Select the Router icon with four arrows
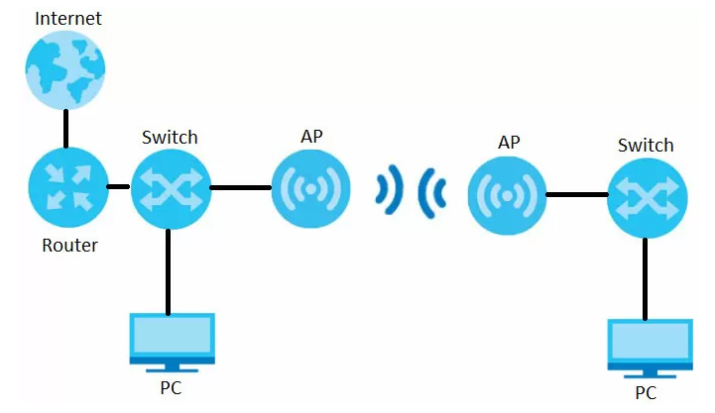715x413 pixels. pyautogui.click(x=66, y=185)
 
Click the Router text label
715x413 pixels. pyautogui.click(x=69, y=245)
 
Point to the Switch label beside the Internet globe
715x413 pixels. pyautogui.click(x=170, y=137)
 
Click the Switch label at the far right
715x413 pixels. pyautogui.click(x=646, y=146)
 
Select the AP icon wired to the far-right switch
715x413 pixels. pyautogui.click(x=508, y=195)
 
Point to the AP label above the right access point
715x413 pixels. pyautogui.click(x=509, y=144)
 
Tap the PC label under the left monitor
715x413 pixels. pyautogui.click(x=171, y=387)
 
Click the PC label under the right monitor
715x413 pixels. pyautogui.click(x=647, y=393)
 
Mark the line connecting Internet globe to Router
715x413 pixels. pyautogui.click(x=66, y=129)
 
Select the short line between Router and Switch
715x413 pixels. pyautogui.click(x=118, y=186)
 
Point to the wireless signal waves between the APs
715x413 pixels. pyautogui.click(x=410, y=188)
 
